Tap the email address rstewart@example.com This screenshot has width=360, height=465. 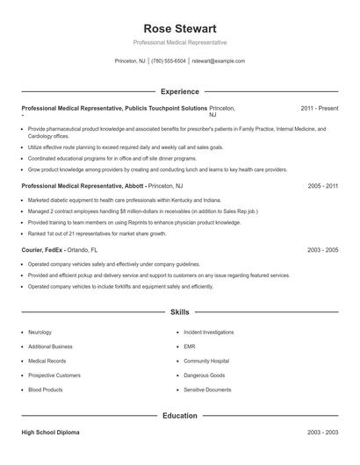(x=218, y=61)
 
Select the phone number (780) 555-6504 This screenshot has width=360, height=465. (x=169, y=61)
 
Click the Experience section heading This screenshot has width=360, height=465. (x=179, y=91)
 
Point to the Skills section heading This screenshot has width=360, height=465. (x=179, y=312)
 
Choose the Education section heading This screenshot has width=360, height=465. (x=179, y=416)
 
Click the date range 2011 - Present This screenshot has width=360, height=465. (x=320, y=108)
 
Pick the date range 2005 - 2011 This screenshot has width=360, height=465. (x=323, y=187)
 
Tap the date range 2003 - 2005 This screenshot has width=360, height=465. (x=323, y=250)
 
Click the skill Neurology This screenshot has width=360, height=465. (x=40, y=333)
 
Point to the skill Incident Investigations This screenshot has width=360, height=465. (x=208, y=333)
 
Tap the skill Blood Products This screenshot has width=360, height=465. (x=46, y=389)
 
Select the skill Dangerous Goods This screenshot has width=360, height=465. (x=204, y=375)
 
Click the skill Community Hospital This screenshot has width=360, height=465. (x=206, y=361)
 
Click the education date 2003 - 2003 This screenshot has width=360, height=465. (x=323, y=434)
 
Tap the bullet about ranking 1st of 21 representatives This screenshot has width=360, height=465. (x=97, y=234)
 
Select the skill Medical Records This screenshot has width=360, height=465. (x=47, y=361)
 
